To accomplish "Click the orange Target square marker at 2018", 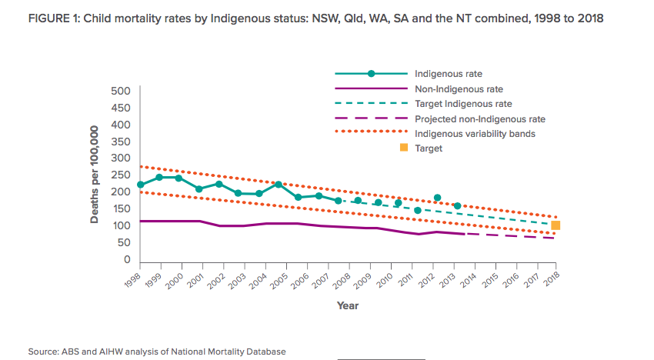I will pyautogui.click(x=556, y=225).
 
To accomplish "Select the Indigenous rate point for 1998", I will pyautogui.click(x=140, y=185).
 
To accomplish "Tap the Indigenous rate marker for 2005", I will pyautogui.click(x=279, y=185).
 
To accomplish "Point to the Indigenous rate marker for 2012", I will pyautogui.click(x=437, y=198).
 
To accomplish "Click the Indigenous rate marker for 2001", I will pyautogui.click(x=199, y=188).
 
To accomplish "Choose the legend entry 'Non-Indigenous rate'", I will pyautogui.click(x=448, y=89).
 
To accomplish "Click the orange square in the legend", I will pyautogui.click(x=403, y=148).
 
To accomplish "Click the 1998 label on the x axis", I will pyautogui.click(x=134, y=279).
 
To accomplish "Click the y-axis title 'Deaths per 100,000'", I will pyautogui.click(x=95, y=176).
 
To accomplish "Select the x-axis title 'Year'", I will pyautogui.click(x=347, y=305).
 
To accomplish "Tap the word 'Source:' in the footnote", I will pyautogui.click(x=45, y=352).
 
